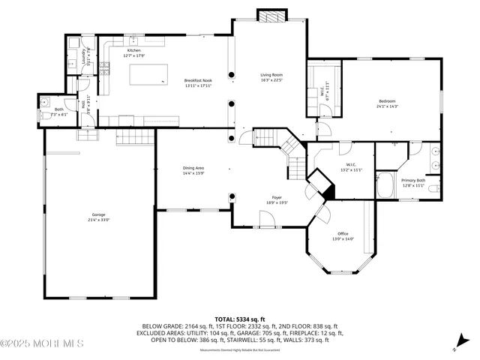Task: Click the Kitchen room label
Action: tap(133, 50)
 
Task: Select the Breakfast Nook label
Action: tap(199, 80)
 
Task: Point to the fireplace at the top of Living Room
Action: tap(268, 15)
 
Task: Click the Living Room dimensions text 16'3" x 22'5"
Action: tap(271, 79)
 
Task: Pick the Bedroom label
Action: tap(387, 101)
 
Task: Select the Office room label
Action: tap(343, 234)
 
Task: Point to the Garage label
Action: tap(99, 215)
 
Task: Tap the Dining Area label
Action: tap(193, 168)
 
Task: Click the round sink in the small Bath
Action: tap(44, 101)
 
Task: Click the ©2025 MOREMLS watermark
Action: tap(42, 344)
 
